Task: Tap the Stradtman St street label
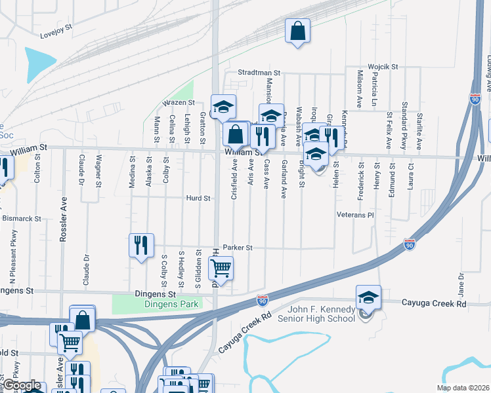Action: tap(259, 73)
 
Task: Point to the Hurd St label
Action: tap(198, 198)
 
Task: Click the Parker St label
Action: tap(238, 248)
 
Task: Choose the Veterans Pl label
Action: tap(354, 215)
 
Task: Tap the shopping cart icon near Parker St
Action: tap(221, 268)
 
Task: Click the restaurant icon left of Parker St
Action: tap(142, 246)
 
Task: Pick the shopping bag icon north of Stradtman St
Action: tap(297, 31)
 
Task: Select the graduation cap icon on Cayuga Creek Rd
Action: tap(368, 297)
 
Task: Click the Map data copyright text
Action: tap(462, 388)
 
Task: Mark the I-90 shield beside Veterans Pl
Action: tap(410, 244)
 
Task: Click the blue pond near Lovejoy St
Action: tap(41, 64)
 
